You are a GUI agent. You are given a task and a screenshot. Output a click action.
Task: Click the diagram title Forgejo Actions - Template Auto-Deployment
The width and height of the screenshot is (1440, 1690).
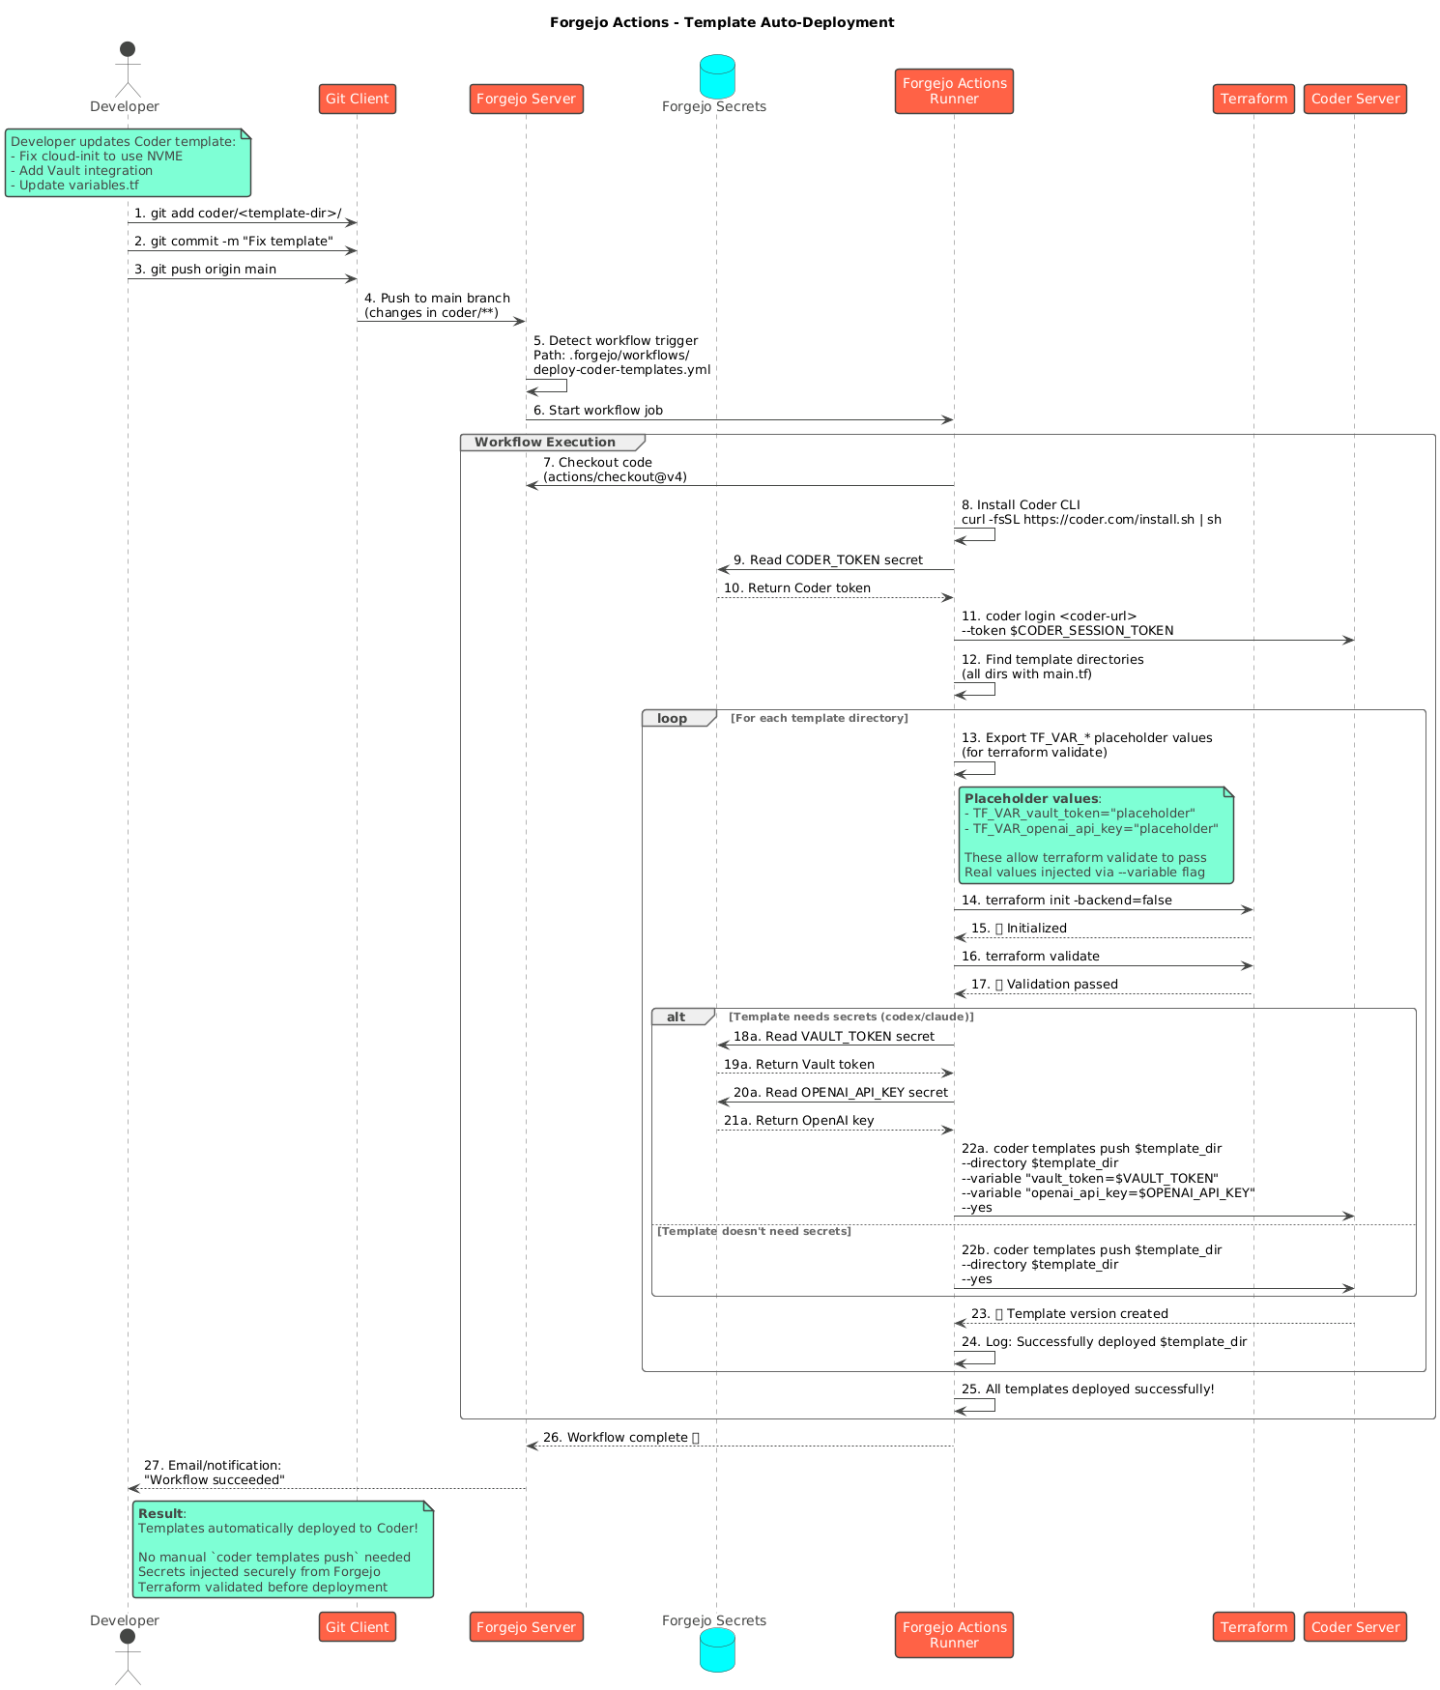[722, 22]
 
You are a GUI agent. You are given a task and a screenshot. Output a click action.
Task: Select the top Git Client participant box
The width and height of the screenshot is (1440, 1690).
[357, 99]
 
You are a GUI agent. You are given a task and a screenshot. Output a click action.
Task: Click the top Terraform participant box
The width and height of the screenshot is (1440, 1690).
[1253, 99]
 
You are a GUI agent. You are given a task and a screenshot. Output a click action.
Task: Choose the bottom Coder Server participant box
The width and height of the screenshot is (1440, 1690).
[1355, 1626]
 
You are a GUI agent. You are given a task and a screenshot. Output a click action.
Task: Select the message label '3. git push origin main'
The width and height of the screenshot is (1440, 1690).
[205, 270]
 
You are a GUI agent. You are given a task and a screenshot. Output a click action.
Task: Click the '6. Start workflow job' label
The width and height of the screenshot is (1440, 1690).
[598, 411]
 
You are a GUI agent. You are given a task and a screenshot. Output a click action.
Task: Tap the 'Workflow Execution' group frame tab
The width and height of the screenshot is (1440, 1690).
[545, 443]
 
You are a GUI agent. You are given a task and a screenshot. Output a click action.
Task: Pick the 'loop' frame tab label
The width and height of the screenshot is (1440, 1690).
[672, 719]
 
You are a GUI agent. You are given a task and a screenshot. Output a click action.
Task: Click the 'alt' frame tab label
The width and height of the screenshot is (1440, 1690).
[676, 1017]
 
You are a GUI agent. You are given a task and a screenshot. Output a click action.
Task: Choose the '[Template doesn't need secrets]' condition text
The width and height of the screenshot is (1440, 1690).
[754, 1231]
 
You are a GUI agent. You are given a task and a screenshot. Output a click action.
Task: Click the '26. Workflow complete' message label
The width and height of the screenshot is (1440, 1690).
[620, 1437]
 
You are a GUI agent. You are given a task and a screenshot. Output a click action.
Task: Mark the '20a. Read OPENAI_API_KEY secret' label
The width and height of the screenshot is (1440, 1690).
[840, 1093]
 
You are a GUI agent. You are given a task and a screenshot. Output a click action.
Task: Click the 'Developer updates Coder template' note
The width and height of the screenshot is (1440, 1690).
[128, 163]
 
